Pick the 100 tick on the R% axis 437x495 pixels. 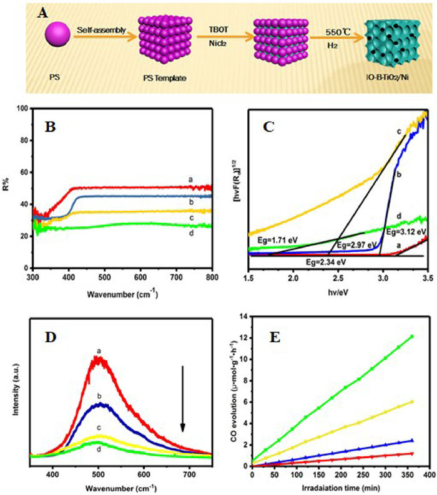[x=22, y=108]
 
